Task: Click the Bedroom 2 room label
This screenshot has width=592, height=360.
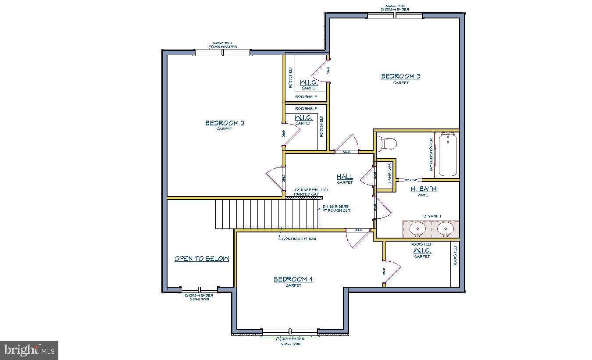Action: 225,123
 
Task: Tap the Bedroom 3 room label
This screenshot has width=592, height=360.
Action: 400,76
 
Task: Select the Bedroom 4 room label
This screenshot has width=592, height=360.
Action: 293,279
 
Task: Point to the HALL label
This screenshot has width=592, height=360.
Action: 345,177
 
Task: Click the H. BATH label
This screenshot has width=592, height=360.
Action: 423,189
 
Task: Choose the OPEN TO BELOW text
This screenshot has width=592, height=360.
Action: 202,259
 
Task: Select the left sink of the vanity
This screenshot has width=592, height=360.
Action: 417,228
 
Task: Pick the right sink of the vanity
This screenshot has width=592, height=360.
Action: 445,228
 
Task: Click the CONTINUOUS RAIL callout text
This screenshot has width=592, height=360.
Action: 300,239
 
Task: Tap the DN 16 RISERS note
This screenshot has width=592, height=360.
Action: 335,207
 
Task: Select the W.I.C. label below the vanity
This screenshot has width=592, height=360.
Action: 422,251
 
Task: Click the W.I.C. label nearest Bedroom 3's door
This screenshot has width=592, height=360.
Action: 309,83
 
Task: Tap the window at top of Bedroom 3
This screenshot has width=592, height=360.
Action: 395,15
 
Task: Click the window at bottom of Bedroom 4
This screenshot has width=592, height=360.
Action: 290,332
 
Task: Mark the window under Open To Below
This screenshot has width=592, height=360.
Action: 199,290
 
